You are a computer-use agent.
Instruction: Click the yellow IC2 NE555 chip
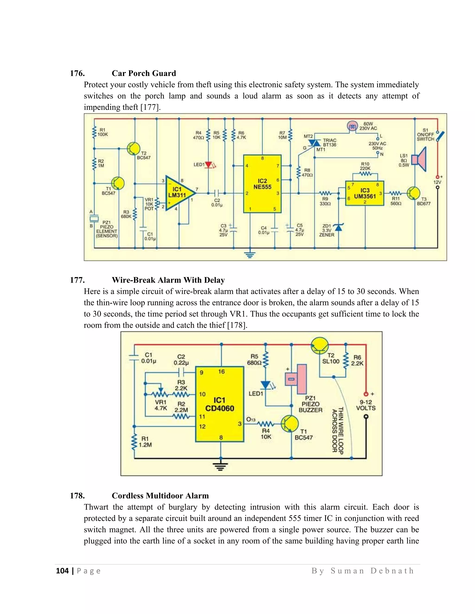[262, 184]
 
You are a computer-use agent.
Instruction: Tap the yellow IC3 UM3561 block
[364, 193]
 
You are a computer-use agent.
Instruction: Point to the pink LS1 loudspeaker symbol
[419, 160]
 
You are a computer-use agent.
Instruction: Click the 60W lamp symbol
[352, 126]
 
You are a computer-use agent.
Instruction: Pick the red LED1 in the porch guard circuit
[209, 165]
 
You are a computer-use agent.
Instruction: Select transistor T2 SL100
[320, 346]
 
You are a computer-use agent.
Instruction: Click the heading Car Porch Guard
[144, 73]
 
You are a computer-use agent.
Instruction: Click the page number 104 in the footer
[62, 570]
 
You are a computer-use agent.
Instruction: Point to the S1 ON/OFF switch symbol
[440, 136]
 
